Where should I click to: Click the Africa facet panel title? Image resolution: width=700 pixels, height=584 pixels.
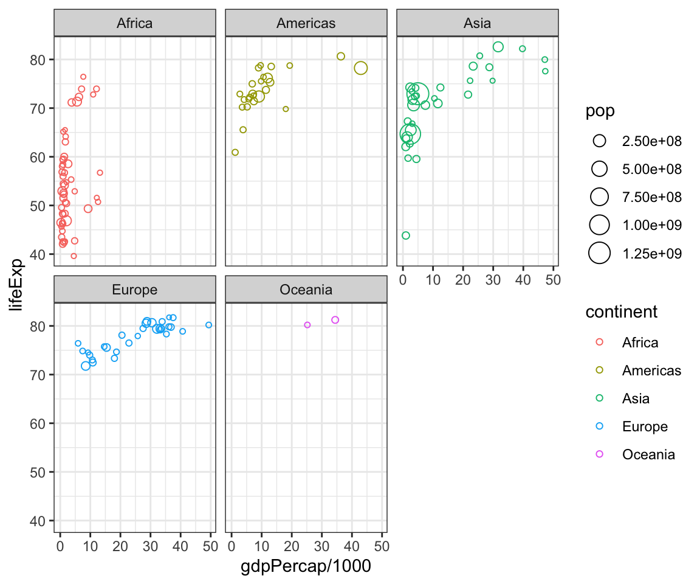(134, 24)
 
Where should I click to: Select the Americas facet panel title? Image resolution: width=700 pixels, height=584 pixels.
(306, 24)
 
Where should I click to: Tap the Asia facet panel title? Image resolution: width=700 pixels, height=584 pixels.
(477, 24)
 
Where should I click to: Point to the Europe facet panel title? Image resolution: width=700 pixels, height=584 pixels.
(134, 290)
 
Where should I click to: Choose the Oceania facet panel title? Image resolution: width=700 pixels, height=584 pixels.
(306, 290)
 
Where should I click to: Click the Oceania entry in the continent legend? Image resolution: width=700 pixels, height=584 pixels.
(648, 454)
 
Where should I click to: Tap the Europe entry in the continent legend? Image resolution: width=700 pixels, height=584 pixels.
(645, 426)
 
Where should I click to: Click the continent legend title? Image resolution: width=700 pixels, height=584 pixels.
(621, 312)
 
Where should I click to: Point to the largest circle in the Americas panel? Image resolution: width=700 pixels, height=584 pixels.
(361, 68)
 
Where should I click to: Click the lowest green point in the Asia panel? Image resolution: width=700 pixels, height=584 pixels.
(406, 235)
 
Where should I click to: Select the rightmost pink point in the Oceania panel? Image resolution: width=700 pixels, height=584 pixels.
(335, 320)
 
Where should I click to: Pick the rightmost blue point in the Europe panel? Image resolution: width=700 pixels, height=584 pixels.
(208, 325)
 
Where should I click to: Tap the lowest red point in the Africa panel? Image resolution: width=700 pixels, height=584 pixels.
(74, 256)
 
